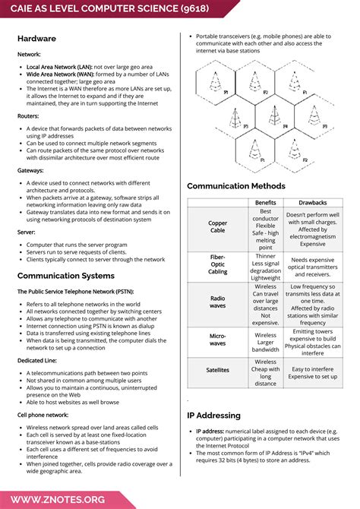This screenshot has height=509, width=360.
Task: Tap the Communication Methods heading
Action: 236,186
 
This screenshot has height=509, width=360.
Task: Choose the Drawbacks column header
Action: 313,203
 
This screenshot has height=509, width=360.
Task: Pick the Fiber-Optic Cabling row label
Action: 217,265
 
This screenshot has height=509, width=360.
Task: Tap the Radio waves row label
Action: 217,302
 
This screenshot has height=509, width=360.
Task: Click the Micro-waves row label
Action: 217,340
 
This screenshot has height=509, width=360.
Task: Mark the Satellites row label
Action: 217,370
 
